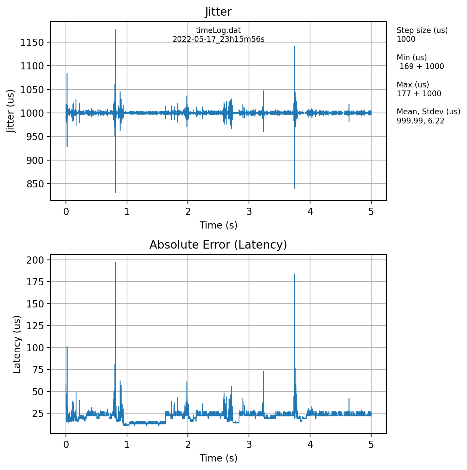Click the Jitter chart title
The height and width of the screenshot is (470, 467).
(x=218, y=12)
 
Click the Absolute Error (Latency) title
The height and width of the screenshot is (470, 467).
(x=218, y=245)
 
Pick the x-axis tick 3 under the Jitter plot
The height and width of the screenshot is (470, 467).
(x=249, y=212)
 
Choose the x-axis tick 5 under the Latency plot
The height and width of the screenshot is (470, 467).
(x=371, y=445)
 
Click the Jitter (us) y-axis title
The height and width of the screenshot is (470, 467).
(x=12, y=111)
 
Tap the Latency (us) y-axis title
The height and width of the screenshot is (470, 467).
(x=17, y=344)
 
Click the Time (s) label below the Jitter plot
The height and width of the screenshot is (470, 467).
(x=218, y=225)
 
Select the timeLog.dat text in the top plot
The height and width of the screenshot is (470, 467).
(x=218, y=31)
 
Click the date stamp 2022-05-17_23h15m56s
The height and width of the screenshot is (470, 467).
(x=218, y=39)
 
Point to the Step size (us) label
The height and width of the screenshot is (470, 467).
(x=422, y=30)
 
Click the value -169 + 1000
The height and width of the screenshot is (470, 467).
(x=420, y=66)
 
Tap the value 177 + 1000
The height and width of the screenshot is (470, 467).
(x=419, y=94)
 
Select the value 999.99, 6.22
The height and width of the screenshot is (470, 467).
(x=420, y=121)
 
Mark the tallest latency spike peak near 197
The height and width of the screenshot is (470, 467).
(x=115, y=263)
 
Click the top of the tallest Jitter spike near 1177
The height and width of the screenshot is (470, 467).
(x=115, y=30)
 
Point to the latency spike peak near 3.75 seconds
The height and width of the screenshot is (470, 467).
(x=294, y=274)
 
